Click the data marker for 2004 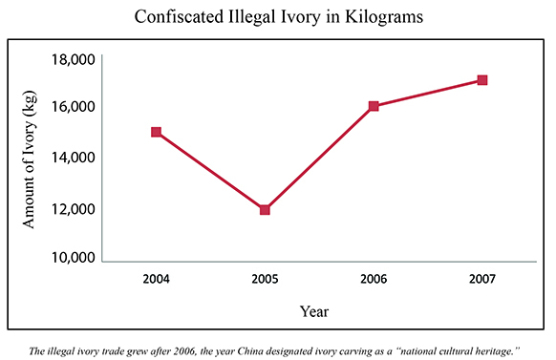[156, 132]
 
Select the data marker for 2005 [265, 209]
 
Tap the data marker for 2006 [374, 106]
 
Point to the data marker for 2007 [482, 80]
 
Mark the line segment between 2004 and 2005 [210, 171]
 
